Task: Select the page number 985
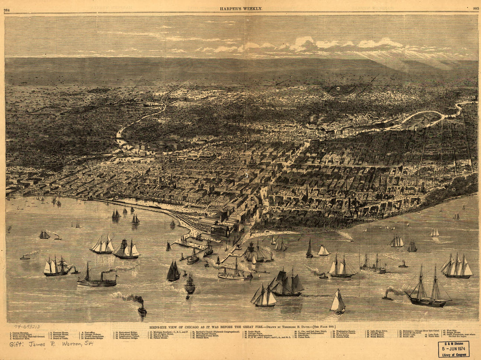(475, 8)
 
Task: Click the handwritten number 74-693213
(27, 326)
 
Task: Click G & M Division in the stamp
(453, 343)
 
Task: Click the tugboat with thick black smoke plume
(142, 308)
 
